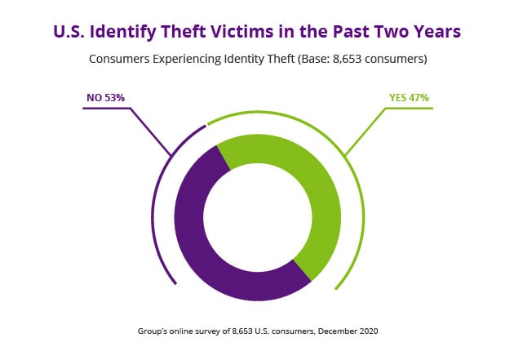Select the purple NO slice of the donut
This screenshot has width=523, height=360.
tap(196, 245)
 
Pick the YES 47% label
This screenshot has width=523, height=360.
tap(409, 98)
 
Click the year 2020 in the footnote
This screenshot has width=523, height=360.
tap(370, 331)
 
